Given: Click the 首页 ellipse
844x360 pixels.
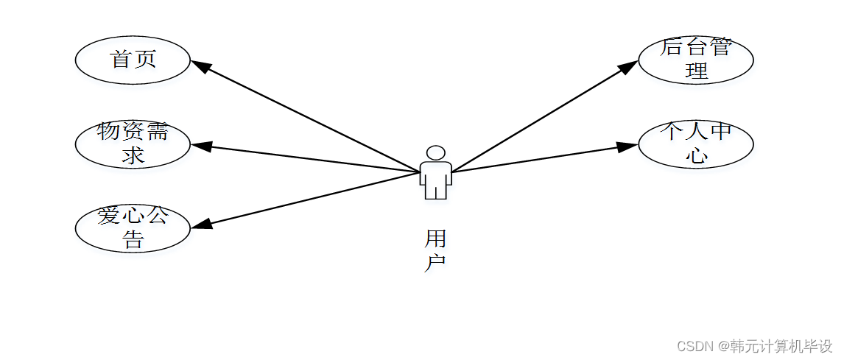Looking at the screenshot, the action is (x=133, y=60).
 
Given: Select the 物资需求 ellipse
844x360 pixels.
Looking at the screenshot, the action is (x=133, y=144).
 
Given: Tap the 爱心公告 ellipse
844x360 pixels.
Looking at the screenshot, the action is (x=133, y=228).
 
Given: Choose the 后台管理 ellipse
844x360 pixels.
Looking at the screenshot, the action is (x=695, y=60).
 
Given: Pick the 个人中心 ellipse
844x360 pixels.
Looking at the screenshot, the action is (x=695, y=144).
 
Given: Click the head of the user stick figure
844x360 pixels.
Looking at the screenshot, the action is (x=436, y=153).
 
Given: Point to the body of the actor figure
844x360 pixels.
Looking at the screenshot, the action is (x=435, y=180).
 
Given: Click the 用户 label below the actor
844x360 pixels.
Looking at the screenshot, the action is (x=435, y=250).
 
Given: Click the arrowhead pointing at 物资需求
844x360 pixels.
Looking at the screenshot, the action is (x=201, y=146).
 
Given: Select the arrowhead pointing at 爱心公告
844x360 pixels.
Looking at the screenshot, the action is (x=201, y=225).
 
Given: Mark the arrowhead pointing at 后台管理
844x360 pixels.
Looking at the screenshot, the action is (x=627, y=67).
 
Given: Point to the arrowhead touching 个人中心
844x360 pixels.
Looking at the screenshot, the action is (x=627, y=146).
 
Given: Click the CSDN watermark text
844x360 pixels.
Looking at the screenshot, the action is (x=754, y=346).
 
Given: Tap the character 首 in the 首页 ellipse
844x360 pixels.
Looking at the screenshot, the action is (x=121, y=60).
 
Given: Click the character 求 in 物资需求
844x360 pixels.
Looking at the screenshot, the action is (x=133, y=155).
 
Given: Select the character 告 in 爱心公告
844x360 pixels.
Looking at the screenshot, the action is (x=133, y=239).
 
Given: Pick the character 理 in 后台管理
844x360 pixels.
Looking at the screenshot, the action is (x=696, y=71).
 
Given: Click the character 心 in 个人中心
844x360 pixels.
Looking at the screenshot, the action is (x=696, y=155).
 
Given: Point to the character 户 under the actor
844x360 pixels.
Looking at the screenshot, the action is (x=435, y=262).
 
